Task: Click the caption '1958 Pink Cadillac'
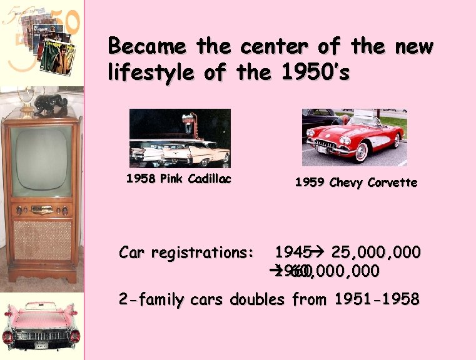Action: click(x=178, y=179)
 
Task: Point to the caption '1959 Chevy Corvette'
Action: click(x=356, y=182)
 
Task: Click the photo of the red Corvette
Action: click(x=354, y=137)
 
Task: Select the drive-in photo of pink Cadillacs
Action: click(x=180, y=138)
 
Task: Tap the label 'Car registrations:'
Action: click(x=186, y=252)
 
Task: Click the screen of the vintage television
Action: click(x=41, y=161)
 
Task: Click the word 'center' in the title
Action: click(x=263, y=46)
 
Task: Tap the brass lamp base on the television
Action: click(x=26, y=106)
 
